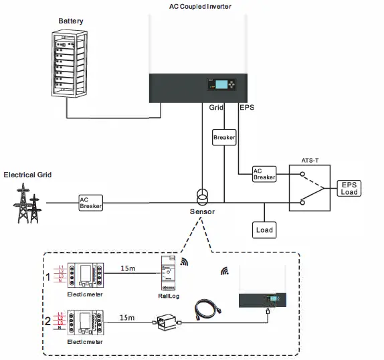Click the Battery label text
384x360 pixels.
[71, 21]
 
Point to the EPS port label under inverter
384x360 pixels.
[247, 106]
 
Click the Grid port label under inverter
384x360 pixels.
[216, 106]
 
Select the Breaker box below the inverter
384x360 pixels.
[224, 137]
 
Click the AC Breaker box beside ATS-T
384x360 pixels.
[264, 174]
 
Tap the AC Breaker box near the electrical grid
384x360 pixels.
[90, 202]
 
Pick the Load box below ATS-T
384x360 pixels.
[264, 230]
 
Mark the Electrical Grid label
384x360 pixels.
[27, 175]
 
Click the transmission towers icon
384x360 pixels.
[28, 204]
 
